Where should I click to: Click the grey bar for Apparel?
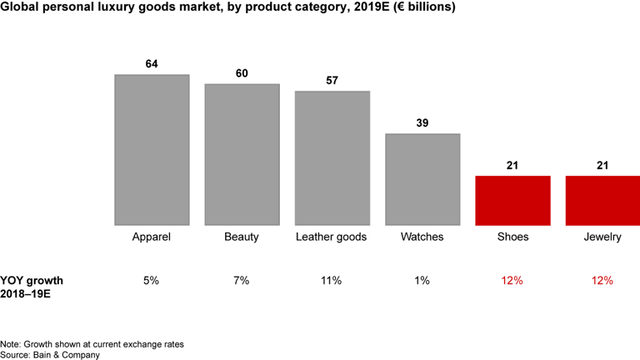(x=152, y=149)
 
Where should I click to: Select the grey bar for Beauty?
(x=242, y=153)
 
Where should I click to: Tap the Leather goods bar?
(x=332, y=157)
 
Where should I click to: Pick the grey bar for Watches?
(x=422, y=178)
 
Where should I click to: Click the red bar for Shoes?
(x=512, y=200)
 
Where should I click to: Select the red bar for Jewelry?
(x=602, y=200)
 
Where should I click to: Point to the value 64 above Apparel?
(x=152, y=64)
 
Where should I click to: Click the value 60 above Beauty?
(x=242, y=73)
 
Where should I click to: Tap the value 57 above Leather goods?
(x=332, y=81)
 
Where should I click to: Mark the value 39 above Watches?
(x=422, y=123)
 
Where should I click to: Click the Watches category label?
(x=422, y=237)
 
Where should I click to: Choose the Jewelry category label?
(x=602, y=237)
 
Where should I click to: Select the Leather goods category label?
(x=332, y=237)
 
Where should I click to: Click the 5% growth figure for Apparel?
(x=152, y=281)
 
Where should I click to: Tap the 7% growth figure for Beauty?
(x=242, y=281)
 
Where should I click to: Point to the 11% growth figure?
(x=332, y=281)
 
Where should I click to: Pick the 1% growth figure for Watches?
(x=422, y=281)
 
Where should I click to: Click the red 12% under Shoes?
(x=512, y=281)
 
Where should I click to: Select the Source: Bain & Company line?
(x=50, y=354)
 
